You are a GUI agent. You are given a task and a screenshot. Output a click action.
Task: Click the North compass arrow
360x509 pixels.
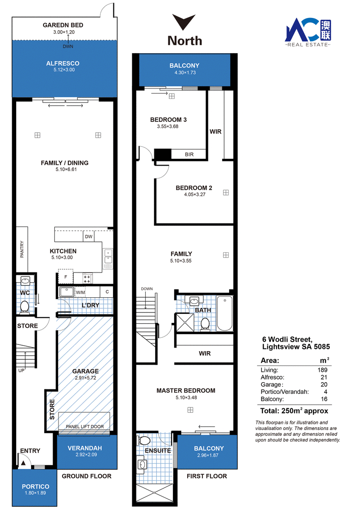coord(184,22)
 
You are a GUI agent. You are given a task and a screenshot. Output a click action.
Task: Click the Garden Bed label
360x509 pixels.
coord(63,25)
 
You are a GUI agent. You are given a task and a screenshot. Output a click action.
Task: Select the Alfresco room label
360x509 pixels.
coord(63,63)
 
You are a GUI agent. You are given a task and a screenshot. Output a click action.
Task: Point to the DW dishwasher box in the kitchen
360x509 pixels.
coord(89,237)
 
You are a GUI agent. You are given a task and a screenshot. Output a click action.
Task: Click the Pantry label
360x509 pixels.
coord(22,249)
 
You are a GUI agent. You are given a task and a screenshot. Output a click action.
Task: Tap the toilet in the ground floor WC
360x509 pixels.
coord(24,307)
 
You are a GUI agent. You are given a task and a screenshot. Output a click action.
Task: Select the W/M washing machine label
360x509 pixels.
coord(80,292)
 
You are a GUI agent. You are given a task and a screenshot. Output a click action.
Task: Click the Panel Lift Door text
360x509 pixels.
coord(85,427)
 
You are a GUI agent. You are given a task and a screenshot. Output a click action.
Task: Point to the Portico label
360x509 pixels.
coord(36,486)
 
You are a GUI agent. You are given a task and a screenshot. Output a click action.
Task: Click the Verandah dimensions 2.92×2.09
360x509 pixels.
coord(86,455)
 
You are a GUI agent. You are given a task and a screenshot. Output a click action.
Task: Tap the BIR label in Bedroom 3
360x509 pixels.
coord(189,155)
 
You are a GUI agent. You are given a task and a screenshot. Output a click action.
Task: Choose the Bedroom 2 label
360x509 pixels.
coord(194,188)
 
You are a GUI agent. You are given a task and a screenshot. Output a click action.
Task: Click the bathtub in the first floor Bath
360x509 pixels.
coord(225,313)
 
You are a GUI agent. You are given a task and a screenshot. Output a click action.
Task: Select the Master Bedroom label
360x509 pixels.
coord(186,390)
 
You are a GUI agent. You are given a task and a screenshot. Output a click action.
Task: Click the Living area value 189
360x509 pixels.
coord(323,370)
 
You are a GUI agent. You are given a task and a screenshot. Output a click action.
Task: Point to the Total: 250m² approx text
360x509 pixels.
coord(294,411)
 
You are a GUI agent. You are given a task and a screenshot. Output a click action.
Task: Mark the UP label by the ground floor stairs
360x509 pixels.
coord(21,371)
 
